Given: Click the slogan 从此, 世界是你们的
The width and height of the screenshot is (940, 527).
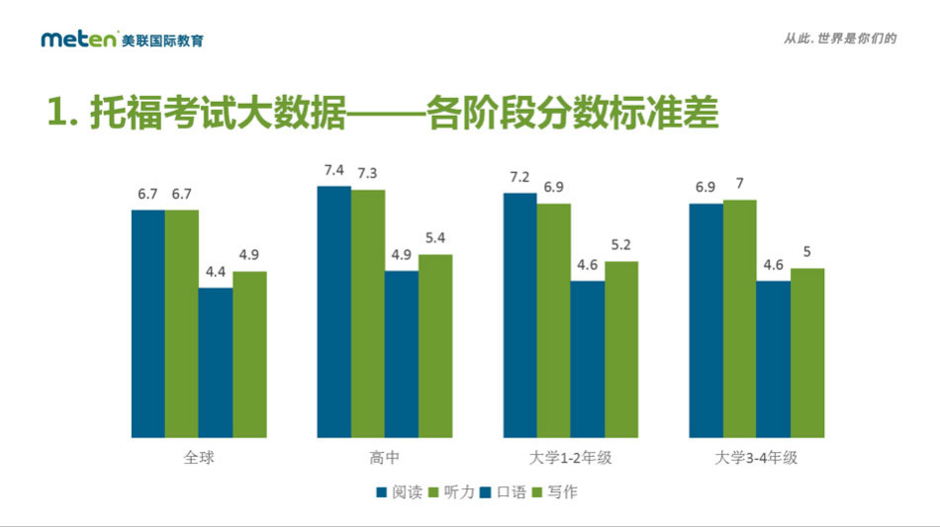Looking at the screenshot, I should [x=839, y=39].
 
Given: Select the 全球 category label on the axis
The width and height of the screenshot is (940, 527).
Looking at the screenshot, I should [x=199, y=459].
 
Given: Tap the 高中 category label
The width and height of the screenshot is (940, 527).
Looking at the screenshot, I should [x=384, y=459].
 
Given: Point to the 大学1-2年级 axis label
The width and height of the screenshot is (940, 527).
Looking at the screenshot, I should [x=570, y=459].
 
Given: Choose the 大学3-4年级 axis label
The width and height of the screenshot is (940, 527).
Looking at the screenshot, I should [x=756, y=459].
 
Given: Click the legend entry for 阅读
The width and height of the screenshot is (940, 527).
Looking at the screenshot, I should [x=400, y=491].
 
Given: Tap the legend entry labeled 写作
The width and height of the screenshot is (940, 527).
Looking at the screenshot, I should [x=557, y=491].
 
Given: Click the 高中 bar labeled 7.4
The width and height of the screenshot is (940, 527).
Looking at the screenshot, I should [x=333, y=311].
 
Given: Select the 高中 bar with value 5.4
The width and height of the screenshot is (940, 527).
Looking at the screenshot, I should [x=435, y=346].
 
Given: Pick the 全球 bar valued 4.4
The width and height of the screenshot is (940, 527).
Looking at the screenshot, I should [x=216, y=363].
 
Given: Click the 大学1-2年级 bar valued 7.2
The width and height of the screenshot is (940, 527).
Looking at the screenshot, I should [x=519, y=315].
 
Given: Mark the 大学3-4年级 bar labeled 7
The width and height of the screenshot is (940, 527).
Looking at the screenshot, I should [x=740, y=318].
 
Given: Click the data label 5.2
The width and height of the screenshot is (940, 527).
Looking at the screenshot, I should [x=621, y=245].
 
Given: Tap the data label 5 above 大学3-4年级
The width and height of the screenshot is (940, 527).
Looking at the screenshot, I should [x=807, y=252].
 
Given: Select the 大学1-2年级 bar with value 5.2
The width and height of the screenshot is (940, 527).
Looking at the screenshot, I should [x=621, y=349].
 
